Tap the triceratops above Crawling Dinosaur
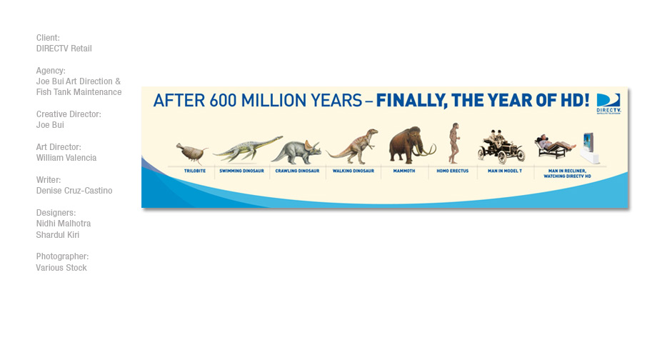coord(296,152)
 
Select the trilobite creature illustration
coord(192,153)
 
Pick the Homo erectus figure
coord(453,144)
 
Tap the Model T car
coord(501,149)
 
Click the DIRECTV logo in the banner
coord(608,104)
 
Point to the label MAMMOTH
coord(404,171)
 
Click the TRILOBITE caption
coord(195,171)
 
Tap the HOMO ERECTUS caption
coord(453,171)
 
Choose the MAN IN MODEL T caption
coord(505,171)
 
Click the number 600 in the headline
coord(224,101)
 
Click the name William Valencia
coord(66,158)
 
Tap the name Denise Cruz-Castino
coord(74,191)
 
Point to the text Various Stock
coord(61,268)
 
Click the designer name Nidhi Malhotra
coord(64,224)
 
